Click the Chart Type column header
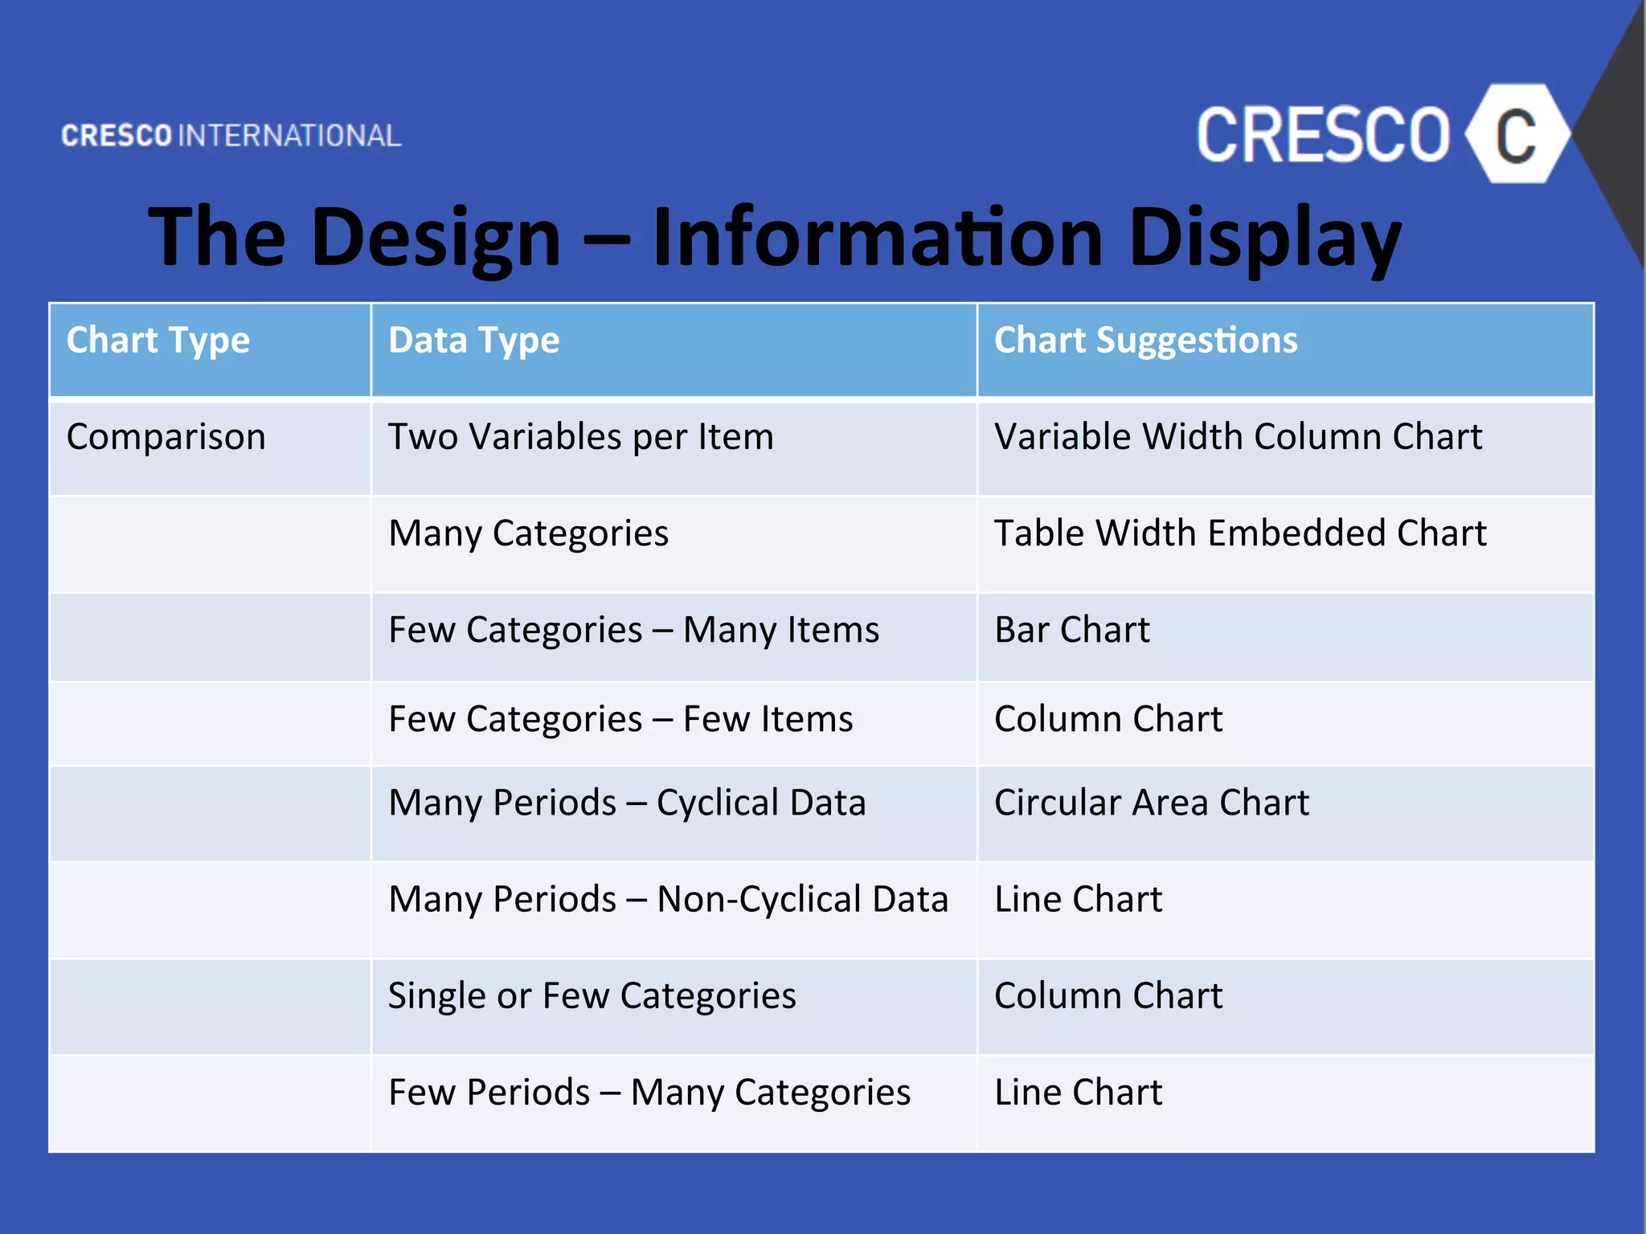click(158, 341)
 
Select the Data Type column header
click(473, 341)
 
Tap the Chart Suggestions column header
click(1145, 341)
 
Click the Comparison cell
click(166, 437)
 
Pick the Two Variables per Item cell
click(580, 437)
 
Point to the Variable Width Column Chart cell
click(1238, 437)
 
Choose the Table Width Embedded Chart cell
click(1240, 533)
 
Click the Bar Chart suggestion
click(1072, 630)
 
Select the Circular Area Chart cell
click(1151, 803)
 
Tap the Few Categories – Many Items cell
click(633, 630)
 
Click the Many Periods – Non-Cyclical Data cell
click(668, 899)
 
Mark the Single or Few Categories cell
click(592, 995)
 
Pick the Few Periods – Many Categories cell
click(649, 1092)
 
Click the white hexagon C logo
click(1516, 134)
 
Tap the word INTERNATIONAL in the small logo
click(289, 136)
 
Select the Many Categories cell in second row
click(528, 533)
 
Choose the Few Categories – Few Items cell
click(620, 719)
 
